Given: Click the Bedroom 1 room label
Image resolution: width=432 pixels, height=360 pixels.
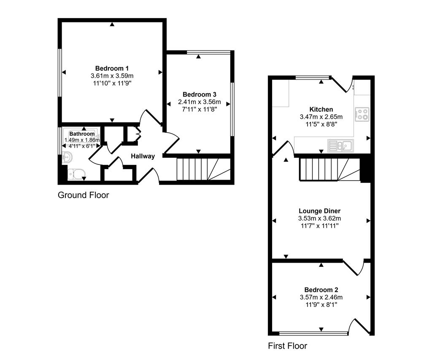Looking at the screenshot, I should coord(112,68).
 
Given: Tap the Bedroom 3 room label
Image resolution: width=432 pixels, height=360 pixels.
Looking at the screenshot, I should coord(199,94).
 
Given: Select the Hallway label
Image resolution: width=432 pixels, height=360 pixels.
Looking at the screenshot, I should coord(143,156).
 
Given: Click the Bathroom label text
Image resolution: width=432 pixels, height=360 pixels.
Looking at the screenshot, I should coord(82,134).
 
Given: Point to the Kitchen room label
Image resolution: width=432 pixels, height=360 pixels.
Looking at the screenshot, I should coord(321,109).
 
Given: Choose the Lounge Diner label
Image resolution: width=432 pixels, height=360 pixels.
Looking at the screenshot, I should coord(319,211).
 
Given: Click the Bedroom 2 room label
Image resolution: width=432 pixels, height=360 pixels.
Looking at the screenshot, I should coord(321,290).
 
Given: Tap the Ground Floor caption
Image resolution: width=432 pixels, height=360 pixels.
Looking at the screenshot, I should coord(83,195).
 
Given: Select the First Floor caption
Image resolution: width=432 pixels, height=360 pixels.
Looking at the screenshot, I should coord(288,346).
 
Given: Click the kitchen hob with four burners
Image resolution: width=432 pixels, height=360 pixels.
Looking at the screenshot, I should coord(362,114).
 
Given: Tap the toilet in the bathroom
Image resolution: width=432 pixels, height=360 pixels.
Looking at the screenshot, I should coord(77,174).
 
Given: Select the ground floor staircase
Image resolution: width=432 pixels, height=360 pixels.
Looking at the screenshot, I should coord(202,169).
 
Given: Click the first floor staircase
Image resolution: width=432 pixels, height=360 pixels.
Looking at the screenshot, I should coord(329,169).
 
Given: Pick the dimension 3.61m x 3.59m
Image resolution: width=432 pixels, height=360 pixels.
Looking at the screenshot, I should coord(112,76).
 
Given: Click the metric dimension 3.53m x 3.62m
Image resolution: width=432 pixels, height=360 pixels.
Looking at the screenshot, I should coord(319,218).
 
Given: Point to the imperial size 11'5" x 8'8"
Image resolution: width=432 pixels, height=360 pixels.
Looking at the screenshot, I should coord(321,124).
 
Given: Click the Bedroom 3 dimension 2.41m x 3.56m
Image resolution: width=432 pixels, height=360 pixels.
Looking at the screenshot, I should coord(199,102).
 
